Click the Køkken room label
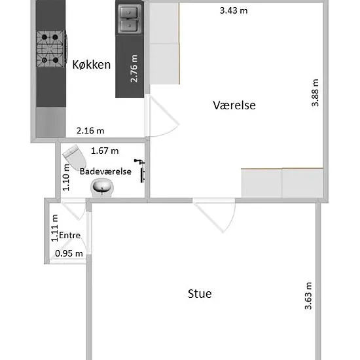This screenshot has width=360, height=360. tap(92, 65)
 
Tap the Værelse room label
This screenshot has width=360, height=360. tap(234, 105)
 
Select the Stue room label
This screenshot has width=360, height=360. tap(200, 294)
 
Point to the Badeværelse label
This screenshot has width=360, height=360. tap(105, 171)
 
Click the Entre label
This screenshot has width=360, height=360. tap(70, 235)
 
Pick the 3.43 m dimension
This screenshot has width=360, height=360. tap(234, 10)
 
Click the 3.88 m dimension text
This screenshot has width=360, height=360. tap(315, 93)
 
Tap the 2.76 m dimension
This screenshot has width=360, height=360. tap(134, 69)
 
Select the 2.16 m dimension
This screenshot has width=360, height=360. tap(90, 131)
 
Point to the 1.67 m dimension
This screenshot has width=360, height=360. tap(105, 151)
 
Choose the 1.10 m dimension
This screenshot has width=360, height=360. tap(66, 177)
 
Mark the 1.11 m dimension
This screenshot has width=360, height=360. tap(54, 228)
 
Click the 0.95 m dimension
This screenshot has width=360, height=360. tap(69, 253)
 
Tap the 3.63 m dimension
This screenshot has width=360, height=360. tap(308, 296)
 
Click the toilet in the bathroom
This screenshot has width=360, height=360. tap(75, 158)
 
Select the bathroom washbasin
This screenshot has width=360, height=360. tap(102, 188)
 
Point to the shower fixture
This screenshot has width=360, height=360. tap(140, 170)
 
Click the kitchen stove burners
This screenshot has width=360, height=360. tap(50, 48)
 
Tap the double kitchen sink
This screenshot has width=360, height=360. tap(130, 20)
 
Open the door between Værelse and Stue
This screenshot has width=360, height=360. tap(214, 215)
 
